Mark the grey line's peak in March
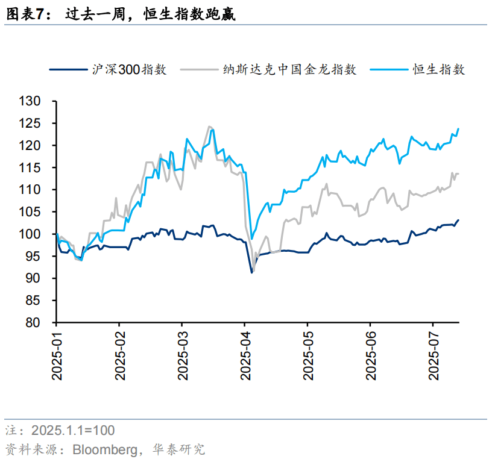tap(209, 126)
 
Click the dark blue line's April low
tap(251, 273)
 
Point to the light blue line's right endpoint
tap(458, 128)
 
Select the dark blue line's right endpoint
tap(458, 220)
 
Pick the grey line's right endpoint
tap(458, 174)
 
